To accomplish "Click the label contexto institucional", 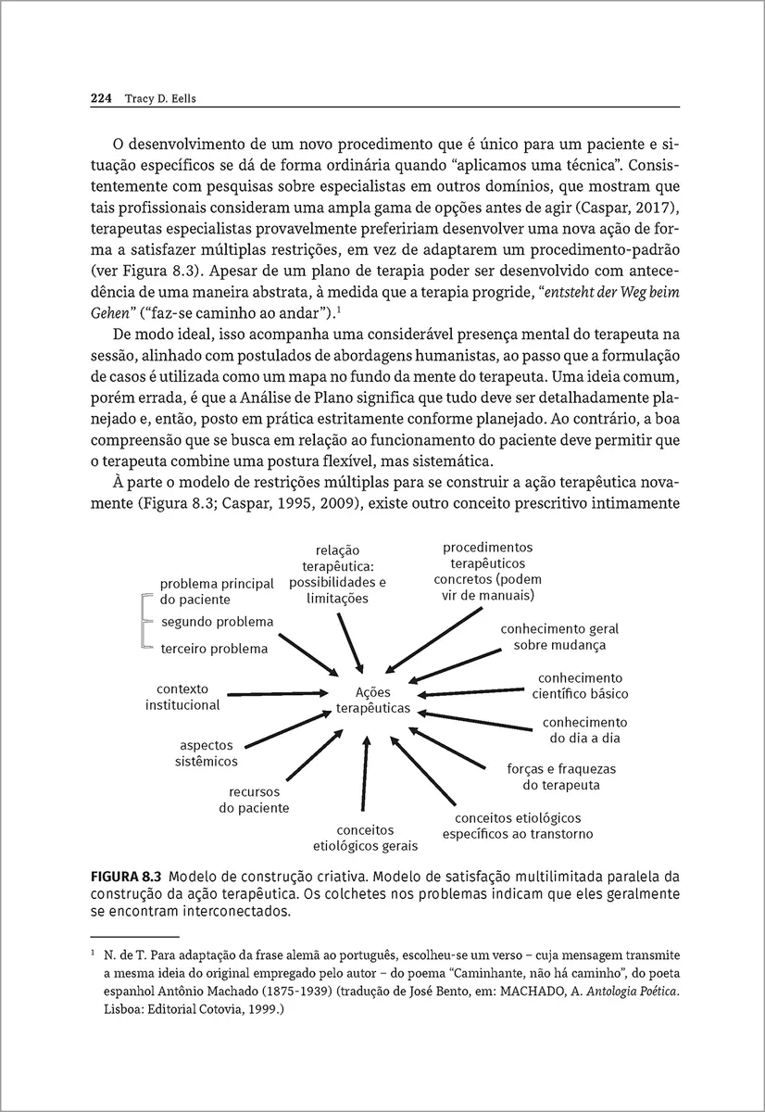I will tap(182, 697).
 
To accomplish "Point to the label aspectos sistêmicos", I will tap(207, 753).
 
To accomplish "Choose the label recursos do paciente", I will tap(254, 800).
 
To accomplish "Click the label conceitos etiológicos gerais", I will tap(365, 837).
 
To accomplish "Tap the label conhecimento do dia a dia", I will tap(584, 730).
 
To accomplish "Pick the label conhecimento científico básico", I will tap(580, 686).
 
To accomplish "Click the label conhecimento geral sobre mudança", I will tap(559, 636).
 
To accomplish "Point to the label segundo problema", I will tap(217, 621).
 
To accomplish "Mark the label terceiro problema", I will tap(214, 649).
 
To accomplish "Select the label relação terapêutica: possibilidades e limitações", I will tap(337, 575).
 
